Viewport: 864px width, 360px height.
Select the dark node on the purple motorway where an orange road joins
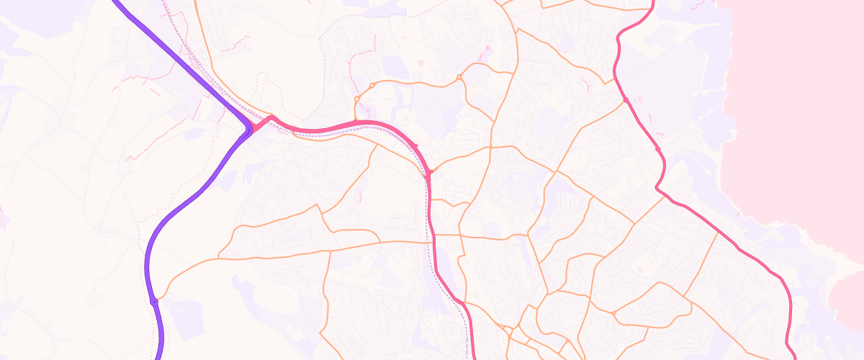coord(154,302)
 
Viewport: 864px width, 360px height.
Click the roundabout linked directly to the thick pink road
coord(356,99)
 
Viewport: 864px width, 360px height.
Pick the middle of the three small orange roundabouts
coord(372,86)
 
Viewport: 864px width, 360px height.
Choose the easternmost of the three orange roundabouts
coord(459,77)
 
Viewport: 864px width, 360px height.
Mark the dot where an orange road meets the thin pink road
coord(626,99)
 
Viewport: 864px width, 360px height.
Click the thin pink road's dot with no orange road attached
coord(658,149)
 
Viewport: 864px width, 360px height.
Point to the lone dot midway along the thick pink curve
coord(415,146)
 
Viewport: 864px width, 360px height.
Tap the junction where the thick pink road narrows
coord(428,173)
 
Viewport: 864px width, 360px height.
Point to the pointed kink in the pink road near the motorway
coord(271,117)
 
